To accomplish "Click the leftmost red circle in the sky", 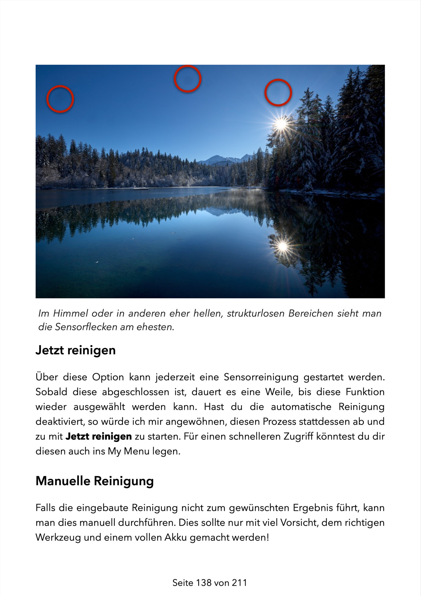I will pos(60,99).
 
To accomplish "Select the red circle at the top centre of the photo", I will pos(187,79).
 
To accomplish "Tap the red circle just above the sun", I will pos(278,92).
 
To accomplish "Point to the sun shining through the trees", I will pos(281,124).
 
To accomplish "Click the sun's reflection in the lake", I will pos(283,246).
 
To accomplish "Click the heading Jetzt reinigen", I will pos(75,350).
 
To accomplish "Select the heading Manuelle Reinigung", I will pos(95,481).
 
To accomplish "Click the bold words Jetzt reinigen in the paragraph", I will pos(98,436).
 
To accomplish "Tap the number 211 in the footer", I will pos(239,583).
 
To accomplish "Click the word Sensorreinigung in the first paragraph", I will pos(261,377).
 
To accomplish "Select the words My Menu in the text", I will pos(129,451).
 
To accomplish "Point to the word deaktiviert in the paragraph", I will pos(60,422).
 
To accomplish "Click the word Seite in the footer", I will pos(183,583).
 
